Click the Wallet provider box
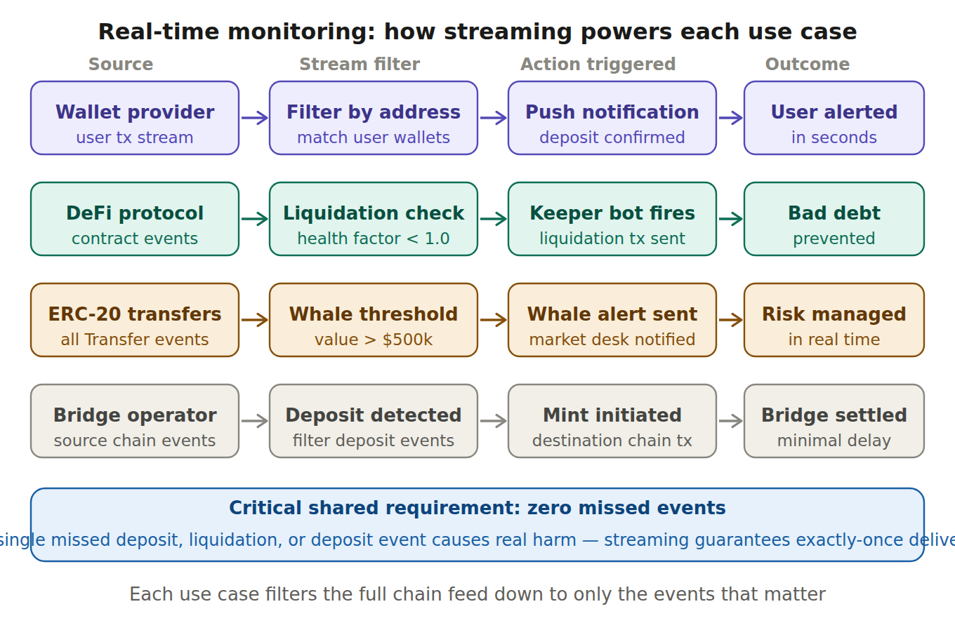click(135, 118)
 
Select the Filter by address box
click(374, 118)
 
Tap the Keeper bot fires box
click(612, 219)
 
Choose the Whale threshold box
click(374, 320)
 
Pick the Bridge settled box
click(834, 421)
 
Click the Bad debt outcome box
click(834, 219)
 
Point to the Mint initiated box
click(612, 421)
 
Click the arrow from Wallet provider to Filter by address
click(254, 118)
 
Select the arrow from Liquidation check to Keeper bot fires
click(493, 219)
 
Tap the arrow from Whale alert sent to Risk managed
click(730, 320)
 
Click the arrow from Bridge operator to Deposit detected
click(254, 421)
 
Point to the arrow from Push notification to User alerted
click(730, 118)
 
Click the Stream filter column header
click(360, 65)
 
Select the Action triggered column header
click(598, 65)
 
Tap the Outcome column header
click(807, 65)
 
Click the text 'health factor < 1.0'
click(374, 239)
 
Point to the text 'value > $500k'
click(374, 340)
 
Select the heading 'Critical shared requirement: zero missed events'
click(477, 508)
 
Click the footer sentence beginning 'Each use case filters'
click(477, 594)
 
